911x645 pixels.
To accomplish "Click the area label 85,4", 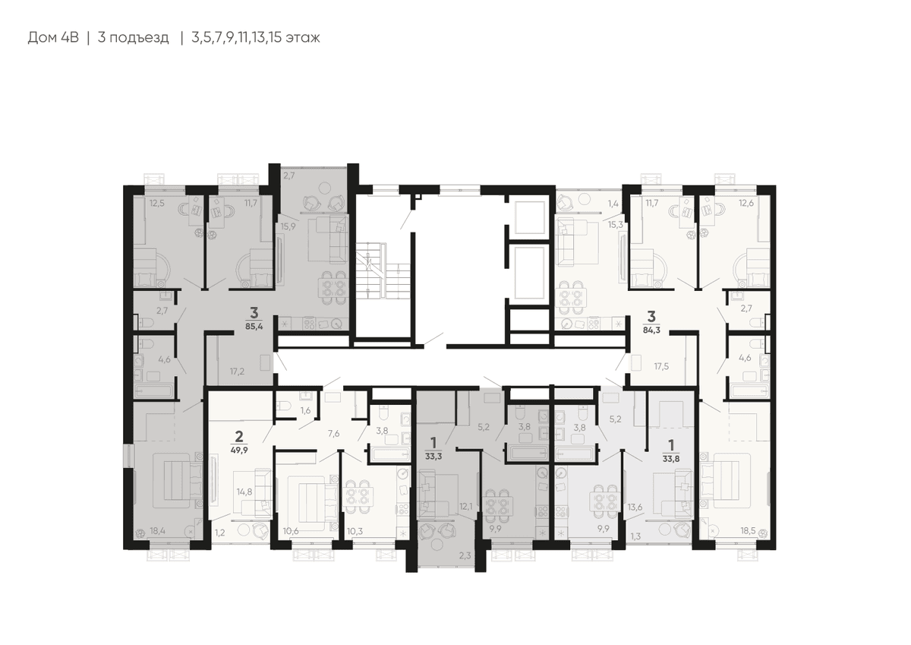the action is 254,326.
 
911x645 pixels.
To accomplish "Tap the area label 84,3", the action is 651,330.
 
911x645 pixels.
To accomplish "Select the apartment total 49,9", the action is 239,450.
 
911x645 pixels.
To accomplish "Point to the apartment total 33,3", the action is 433,457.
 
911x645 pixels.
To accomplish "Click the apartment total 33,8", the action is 671,459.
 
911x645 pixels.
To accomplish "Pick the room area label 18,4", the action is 158,530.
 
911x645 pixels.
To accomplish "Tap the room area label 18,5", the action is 748,530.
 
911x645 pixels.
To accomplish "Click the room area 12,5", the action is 156,203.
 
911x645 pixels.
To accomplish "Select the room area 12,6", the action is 746,203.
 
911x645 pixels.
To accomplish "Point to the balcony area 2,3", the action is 465,555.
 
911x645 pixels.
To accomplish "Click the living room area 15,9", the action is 288,226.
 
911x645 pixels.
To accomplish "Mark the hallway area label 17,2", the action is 237,372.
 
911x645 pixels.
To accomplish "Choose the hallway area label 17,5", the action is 661,366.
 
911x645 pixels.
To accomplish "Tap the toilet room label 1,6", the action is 305,410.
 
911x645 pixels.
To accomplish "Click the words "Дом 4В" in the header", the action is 53,37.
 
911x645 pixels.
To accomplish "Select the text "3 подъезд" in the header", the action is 133,38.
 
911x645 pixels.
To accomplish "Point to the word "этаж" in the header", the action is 303,38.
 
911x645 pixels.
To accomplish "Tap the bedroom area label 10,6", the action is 291,530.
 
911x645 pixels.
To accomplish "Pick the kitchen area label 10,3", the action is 355,530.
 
